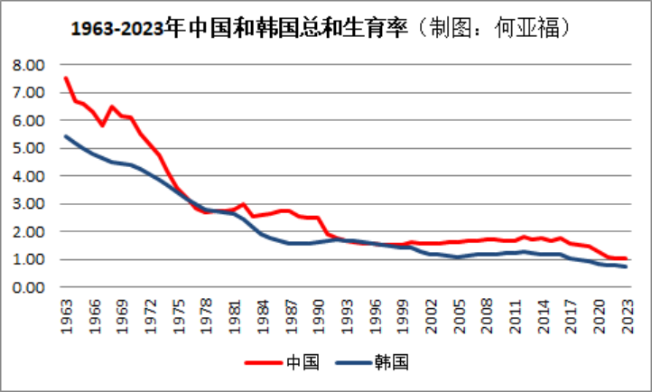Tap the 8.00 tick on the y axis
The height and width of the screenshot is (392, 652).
[29, 66]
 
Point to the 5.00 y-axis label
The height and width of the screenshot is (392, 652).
[29, 149]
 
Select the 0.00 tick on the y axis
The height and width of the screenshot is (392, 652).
[29, 288]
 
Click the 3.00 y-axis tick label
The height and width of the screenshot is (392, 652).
[29, 204]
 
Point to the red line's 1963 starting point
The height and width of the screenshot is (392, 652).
[66, 78]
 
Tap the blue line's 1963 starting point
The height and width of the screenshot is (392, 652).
[66, 136]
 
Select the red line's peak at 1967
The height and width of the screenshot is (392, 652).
[112, 107]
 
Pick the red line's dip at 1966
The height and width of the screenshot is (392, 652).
[103, 125]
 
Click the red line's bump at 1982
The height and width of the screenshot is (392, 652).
[243, 204]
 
